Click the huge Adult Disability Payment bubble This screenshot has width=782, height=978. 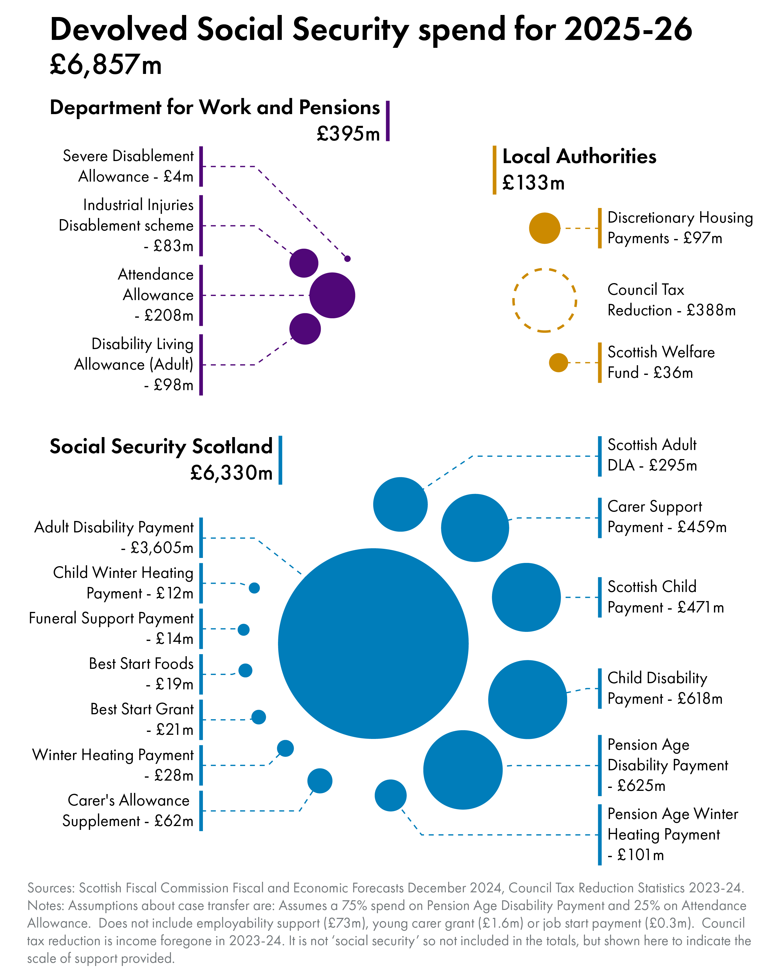(373, 643)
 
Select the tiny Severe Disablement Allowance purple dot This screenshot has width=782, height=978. (347, 258)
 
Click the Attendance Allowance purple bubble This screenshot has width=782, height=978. (332, 295)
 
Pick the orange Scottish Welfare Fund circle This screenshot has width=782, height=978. (558, 363)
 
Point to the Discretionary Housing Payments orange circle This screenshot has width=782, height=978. (544, 228)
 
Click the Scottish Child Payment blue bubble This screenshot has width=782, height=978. (526, 597)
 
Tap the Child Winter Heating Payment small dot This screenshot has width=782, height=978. (254, 588)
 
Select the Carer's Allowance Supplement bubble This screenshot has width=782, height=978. (320, 781)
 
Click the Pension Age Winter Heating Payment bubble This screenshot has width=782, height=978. (390, 795)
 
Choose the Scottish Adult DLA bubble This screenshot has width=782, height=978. (400, 504)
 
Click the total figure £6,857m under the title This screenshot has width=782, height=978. (106, 65)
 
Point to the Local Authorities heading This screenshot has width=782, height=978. (579, 156)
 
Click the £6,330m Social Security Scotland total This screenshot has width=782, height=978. (231, 473)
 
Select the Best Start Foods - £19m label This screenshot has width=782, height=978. (141, 674)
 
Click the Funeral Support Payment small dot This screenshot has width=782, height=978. (243, 630)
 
